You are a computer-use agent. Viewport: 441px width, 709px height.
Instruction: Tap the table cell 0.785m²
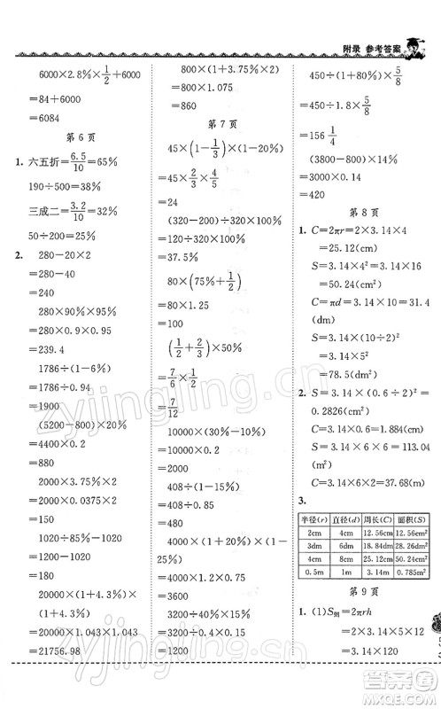(x=416, y=573)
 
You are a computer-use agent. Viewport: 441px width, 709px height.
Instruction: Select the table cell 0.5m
(x=310, y=573)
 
